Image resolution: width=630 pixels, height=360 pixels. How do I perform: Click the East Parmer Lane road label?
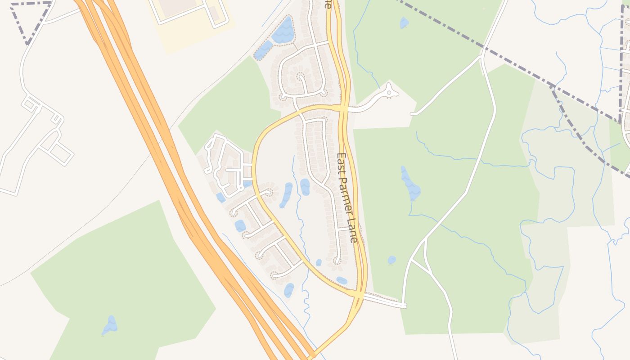click(347, 198)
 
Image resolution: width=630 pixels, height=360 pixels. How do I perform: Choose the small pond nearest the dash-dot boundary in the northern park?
click(404, 22)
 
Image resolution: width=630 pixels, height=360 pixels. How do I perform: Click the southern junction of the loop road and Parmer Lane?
click(359, 294)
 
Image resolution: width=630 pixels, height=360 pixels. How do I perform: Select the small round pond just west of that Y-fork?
click(392, 260)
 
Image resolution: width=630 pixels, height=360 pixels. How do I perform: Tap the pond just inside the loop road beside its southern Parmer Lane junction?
click(342, 280)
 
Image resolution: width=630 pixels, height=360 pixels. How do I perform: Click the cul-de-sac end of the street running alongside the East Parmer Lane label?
click(337, 261)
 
